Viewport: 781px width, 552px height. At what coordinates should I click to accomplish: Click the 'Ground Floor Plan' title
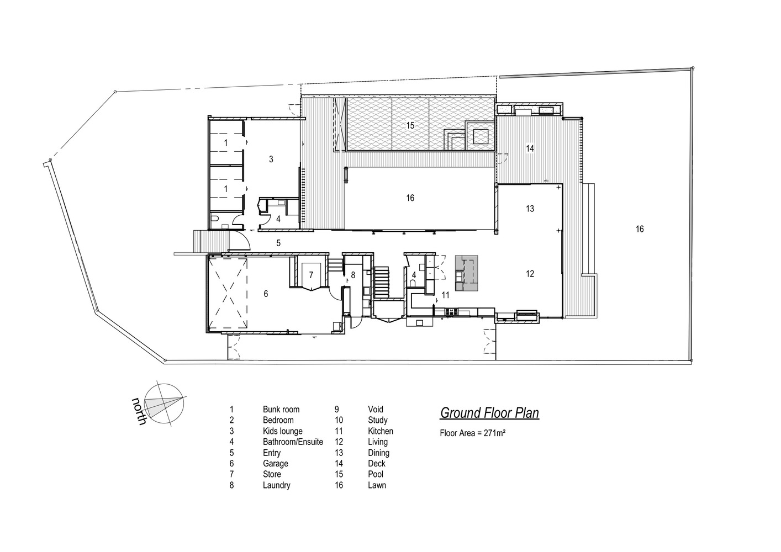coord(489,413)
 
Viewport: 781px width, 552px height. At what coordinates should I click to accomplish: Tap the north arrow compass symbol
coord(164,404)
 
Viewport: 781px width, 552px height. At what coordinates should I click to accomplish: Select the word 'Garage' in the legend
coord(276,464)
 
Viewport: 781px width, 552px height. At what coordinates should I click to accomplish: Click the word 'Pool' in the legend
coord(376,474)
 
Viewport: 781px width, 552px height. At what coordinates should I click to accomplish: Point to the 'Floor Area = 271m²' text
coord(473,433)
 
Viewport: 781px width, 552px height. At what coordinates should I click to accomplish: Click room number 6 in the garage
coord(266,294)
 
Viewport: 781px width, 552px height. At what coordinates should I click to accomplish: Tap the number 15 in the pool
coord(410,125)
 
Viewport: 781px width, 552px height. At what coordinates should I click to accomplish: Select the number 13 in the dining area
coord(530,209)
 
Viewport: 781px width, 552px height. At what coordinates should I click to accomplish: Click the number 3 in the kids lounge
coord(271,160)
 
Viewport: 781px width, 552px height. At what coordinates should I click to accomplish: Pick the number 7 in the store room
coord(311,275)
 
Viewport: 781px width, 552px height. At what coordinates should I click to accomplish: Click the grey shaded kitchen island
coord(466,273)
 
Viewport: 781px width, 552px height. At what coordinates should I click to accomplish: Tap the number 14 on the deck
coord(530,148)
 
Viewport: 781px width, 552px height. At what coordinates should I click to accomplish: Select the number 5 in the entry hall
coord(278,243)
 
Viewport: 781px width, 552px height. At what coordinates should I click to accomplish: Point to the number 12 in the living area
coord(530,274)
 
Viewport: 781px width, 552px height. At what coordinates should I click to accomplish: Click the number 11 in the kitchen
coord(446,295)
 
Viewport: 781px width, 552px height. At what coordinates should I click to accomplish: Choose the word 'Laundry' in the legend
coord(277,485)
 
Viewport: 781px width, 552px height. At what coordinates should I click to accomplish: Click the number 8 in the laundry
coord(353,275)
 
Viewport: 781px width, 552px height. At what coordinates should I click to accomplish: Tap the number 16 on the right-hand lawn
coord(640,229)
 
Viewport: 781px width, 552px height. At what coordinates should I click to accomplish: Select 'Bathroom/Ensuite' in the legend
coord(293,442)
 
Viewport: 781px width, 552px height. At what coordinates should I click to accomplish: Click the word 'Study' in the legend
coord(378,420)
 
